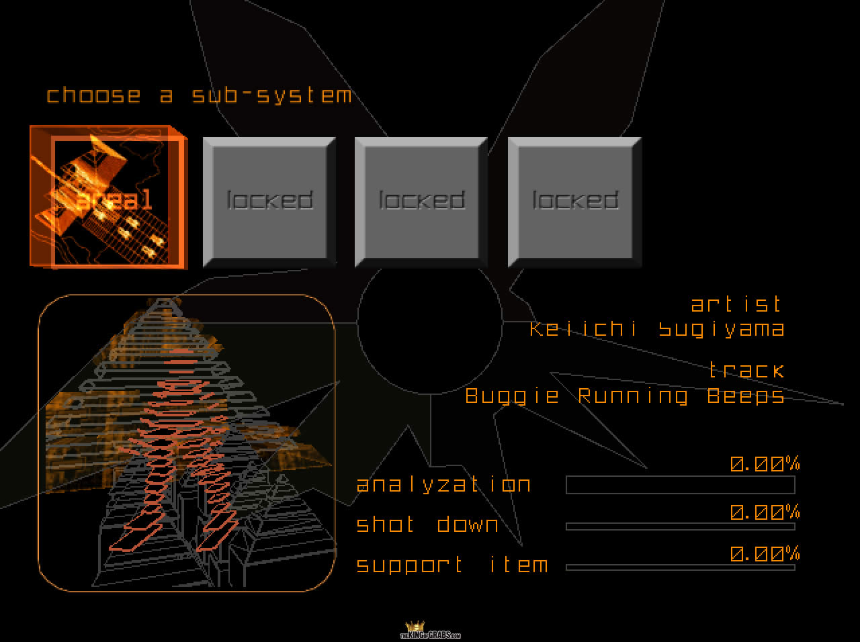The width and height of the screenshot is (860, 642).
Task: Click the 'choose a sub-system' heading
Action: click(199, 95)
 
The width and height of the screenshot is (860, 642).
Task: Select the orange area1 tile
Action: click(107, 197)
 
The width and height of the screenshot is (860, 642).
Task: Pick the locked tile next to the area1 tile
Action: click(269, 201)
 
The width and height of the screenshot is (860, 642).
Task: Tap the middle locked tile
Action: click(421, 201)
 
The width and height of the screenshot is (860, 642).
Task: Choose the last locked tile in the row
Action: click(574, 201)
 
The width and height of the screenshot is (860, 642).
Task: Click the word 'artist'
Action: click(737, 304)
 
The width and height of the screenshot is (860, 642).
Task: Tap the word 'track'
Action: click(746, 370)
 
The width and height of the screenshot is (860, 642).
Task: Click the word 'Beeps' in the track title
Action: click(746, 396)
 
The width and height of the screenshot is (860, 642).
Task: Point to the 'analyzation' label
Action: click(443, 485)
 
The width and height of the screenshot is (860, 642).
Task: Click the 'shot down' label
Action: click(427, 524)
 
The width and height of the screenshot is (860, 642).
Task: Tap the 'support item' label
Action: click(451, 565)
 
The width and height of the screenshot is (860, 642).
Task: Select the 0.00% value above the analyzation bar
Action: click(765, 464)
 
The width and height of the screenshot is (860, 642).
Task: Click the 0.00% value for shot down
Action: click(765, 513)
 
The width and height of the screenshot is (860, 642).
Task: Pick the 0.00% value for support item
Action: click(765, 555)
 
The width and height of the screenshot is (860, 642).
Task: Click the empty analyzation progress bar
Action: click(680, 485)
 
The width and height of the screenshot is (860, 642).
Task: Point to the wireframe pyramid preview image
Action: click(187, 443)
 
